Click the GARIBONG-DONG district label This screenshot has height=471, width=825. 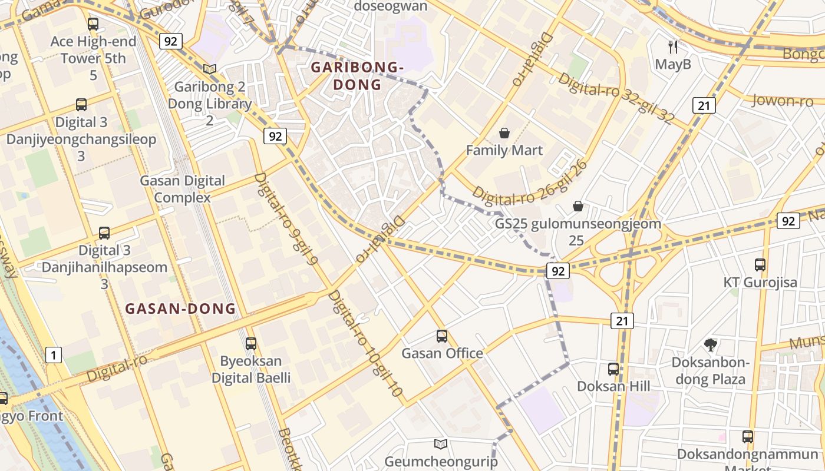(x=357, y=76)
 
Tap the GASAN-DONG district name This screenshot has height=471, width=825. (x=180, y=309)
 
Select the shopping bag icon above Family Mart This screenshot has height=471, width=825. (x=504, y=133)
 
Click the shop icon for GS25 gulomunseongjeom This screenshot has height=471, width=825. (x=578, y=206)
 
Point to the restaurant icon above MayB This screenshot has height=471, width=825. (x=673, y=47)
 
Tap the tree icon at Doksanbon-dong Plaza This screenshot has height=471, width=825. (x=711, y=345)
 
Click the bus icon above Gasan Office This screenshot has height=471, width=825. (x=442, y=336)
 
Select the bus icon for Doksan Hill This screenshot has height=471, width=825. (x=613, y=369)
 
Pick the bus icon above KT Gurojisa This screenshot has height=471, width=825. (x=760, y=265)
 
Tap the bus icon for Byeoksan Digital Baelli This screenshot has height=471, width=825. (x=251, y=343)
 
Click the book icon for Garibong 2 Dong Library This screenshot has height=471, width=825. (x=210, y=69)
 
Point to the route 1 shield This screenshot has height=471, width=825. (x=54, y=355)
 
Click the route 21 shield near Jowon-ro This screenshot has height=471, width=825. (x=704, y=105)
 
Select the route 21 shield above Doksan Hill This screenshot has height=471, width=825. (x=622, y=321)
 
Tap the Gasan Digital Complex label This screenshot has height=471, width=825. (x=182, y=189)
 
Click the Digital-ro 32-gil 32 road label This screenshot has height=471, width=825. (x=616, y=98)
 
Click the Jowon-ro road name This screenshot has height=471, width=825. (x=782, y=101)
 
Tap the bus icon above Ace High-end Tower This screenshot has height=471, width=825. (x=93, y=24)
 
